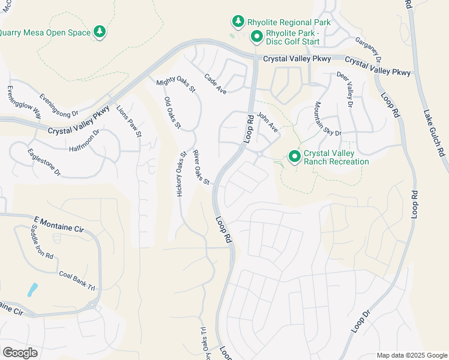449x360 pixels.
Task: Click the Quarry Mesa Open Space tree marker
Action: (100, 32)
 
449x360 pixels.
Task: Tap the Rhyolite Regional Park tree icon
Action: (238, 22)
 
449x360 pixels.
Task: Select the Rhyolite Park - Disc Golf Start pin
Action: (256, 37)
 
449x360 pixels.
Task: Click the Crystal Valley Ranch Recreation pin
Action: (295, 157)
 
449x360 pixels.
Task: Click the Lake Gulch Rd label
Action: (434, 132)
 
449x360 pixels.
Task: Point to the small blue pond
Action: (32, 290)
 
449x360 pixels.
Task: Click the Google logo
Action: (20, 352)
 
